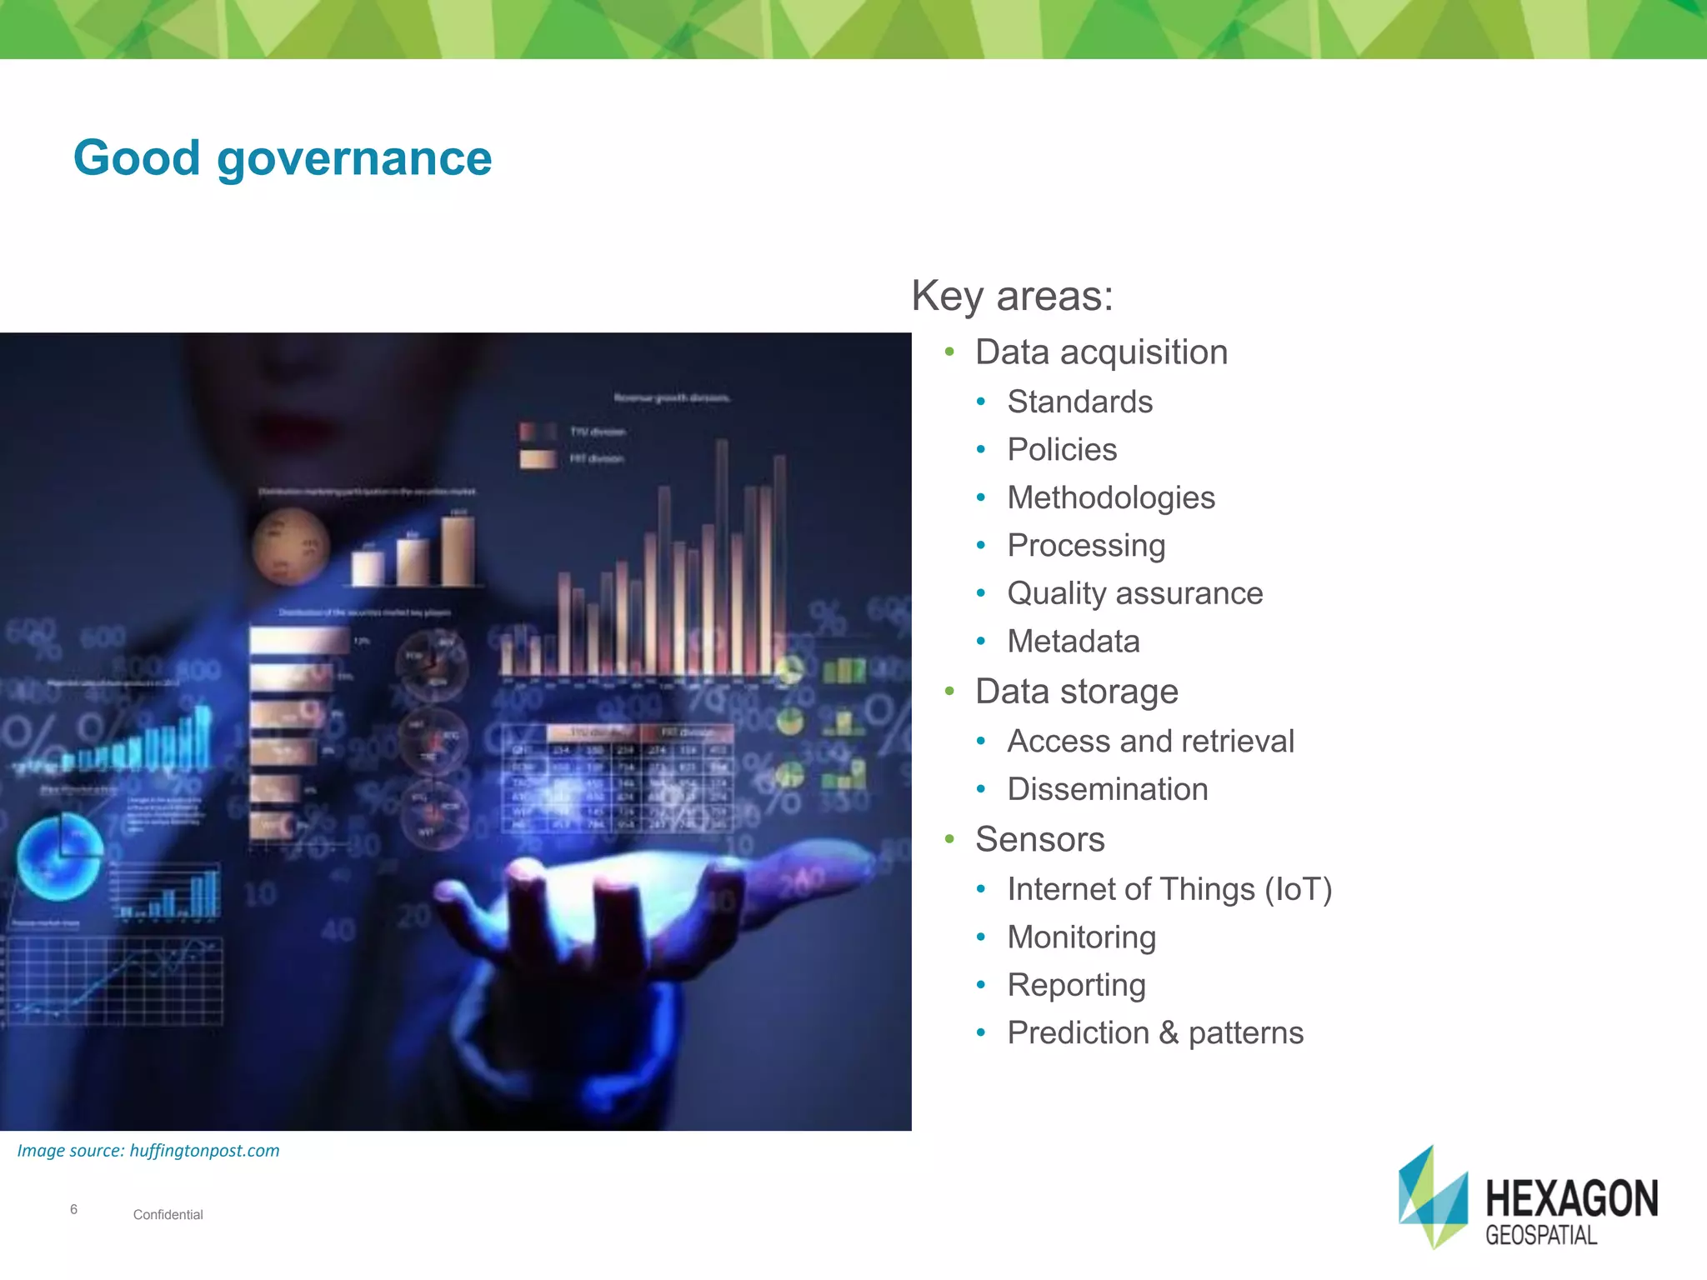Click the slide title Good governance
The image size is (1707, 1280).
[x=283, y=157]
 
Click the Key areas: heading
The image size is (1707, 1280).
[x=1012, y=296]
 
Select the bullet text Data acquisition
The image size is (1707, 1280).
[x=1101, y=352]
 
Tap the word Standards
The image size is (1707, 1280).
[x=1079, y=402]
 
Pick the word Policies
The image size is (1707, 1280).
[x=1062, y=450]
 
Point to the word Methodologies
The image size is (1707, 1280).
[x=1111, y=497]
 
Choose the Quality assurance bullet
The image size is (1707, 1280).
[x=1134, y=593]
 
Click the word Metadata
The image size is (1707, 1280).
[x=1073, y=642]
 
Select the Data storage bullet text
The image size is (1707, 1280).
[x=1076, y=692]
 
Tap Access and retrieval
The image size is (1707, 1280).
[x=1150, y=741]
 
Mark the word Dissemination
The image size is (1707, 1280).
[x=1107, y=789]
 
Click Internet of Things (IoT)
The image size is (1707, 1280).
[x=1169, y=889]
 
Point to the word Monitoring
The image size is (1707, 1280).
[x=1081, y=937]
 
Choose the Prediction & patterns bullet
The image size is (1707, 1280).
[x=1154, y=1033]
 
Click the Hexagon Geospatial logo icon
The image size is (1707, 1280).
[x=1433, y=1197]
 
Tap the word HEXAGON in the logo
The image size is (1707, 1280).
[x=1571, y=1198]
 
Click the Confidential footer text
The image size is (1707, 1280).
[x=168, y=1215]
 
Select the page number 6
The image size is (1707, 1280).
[x=73, y=1209]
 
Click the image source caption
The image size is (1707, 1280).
[x=148, y=1151]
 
